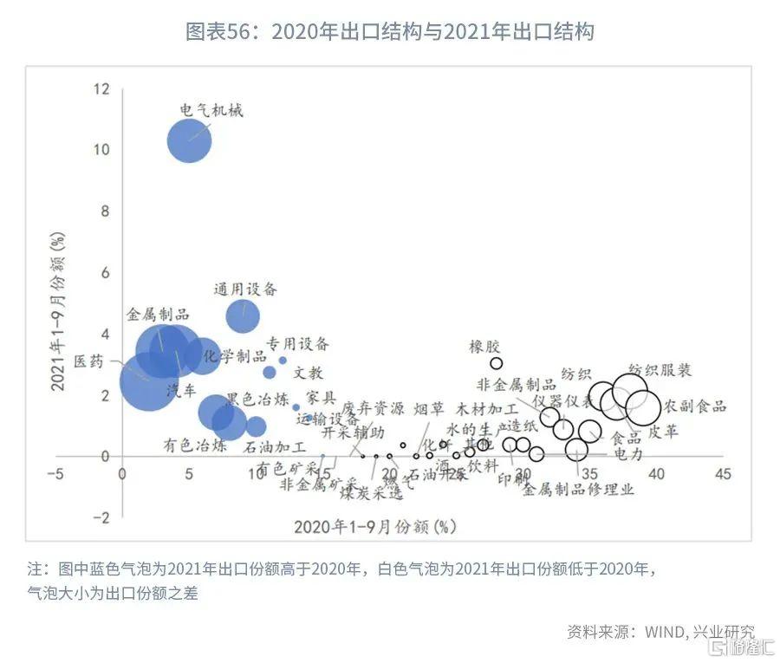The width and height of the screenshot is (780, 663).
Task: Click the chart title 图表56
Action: (390, 32)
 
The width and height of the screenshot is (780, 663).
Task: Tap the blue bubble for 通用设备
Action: (243, 316)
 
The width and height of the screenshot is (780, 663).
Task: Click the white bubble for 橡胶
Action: (497, 364)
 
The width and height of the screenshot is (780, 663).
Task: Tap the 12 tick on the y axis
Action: (102, 88)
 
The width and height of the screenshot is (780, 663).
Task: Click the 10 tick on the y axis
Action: (102, 150)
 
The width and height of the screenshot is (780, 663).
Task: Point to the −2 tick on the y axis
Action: (101, 517)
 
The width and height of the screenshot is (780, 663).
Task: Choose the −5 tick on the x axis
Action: (55, 474)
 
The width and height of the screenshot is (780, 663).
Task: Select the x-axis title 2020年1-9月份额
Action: (374, 525)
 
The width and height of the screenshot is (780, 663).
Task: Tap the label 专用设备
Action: (297, 344)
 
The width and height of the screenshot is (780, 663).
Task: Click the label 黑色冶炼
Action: (257, 400)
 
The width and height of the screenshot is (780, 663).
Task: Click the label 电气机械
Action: (211, 110)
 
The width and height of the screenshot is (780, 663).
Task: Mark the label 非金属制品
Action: (517, 384)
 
